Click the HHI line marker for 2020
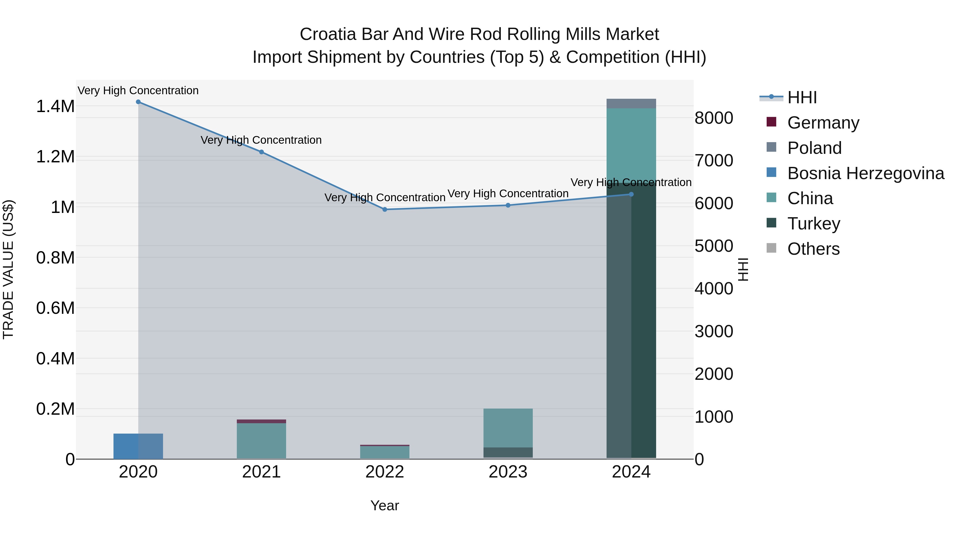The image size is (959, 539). click(138, 102)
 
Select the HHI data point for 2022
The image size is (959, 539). click(385, 209)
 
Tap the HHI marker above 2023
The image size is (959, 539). click(508, 205)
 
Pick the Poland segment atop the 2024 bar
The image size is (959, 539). click(631, 104)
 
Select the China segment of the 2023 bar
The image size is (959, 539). click(508, 428)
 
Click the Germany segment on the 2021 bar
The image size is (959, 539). click(261, 421)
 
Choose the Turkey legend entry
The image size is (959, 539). click(814, 224)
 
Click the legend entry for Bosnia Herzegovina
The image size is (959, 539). click(865, 173)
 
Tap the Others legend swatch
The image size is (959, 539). click(771, 248)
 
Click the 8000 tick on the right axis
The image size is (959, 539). click(714, 118)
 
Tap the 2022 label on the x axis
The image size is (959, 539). click(385, 472)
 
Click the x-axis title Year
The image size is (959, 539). click(385, 505)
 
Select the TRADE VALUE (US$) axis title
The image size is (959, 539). click(8, 269)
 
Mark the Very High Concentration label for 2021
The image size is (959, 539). click(261, 140)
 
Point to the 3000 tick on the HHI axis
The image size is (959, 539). click(714, 331)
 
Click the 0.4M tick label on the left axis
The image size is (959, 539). click(55, 359)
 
